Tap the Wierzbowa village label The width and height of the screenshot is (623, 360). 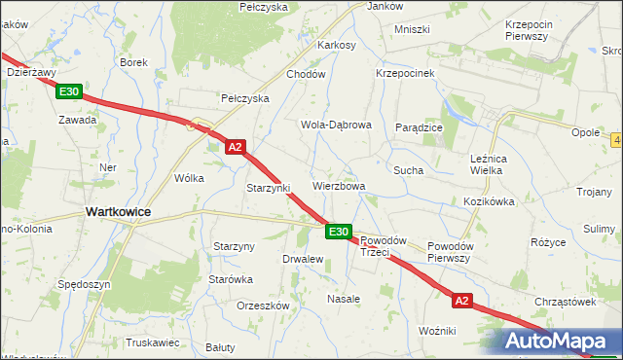tap(339, 186)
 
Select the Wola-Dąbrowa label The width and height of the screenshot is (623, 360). tap(336, 125)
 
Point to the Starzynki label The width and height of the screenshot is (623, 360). tap(269, 188)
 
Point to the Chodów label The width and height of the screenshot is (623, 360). tap(305, 74)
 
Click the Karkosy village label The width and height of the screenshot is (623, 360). tap(336, 45)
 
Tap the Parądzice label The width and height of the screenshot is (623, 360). tap(420, 127)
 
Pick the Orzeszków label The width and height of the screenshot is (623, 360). tap(264, 305)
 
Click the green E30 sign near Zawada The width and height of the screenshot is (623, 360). tap(68, 91)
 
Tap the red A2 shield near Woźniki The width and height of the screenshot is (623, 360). tap(461, 302)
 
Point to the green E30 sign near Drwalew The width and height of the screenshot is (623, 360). tap(338, 232)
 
